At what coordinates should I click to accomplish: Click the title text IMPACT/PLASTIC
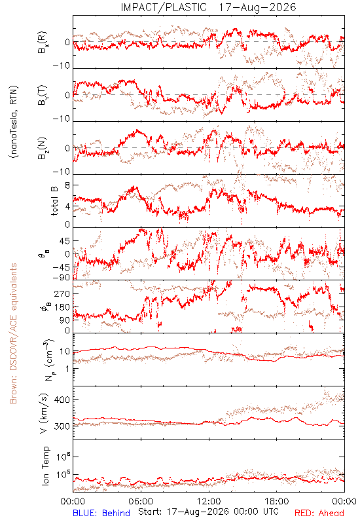[164, 7]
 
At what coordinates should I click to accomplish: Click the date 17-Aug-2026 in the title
[257, 7]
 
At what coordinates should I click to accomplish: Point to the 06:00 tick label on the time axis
[141, 501]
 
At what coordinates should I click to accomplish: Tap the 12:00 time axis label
[209, 501]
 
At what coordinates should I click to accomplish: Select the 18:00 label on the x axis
[277, 501]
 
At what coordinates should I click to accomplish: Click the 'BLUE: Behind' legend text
[101, 513]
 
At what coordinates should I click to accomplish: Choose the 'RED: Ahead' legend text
[319, 513]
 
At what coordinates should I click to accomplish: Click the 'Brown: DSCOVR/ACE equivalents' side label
[13, 333]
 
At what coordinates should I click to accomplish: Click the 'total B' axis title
[54, 201]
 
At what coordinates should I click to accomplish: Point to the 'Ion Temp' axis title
[45, 466]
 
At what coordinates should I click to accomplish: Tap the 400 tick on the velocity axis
[62, 400]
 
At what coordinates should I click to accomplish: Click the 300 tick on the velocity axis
[62, 426]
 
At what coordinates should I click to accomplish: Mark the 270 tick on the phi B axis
[62, 293]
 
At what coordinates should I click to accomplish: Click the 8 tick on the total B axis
[67, 185]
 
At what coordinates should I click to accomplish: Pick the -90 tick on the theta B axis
[62, 278]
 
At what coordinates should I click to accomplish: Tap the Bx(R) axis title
[43, 43]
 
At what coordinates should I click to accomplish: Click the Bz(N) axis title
[43, 148]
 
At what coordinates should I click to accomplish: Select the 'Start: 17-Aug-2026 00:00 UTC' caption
[208, 512]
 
